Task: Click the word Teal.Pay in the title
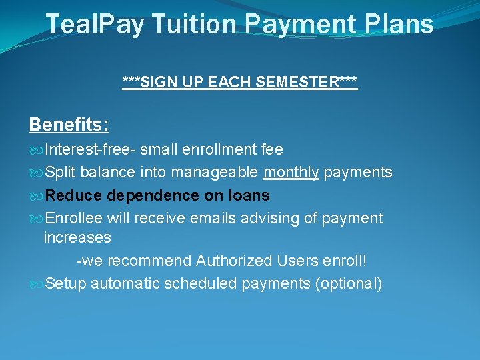[95, 25]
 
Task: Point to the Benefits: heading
[69, 125]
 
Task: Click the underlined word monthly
[291, 173]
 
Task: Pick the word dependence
[143, 195]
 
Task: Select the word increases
[77, 237]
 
